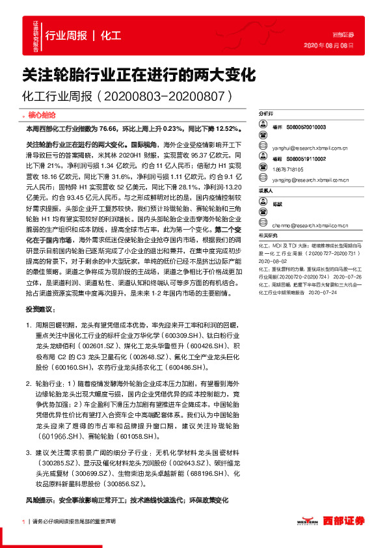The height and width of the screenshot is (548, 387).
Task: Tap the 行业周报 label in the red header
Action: point(68,35)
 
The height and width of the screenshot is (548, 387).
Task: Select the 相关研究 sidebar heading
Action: point(267,217)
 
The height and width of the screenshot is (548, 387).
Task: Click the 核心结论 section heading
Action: point(40,114)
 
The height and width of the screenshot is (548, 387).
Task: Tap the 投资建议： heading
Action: point(40,309)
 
